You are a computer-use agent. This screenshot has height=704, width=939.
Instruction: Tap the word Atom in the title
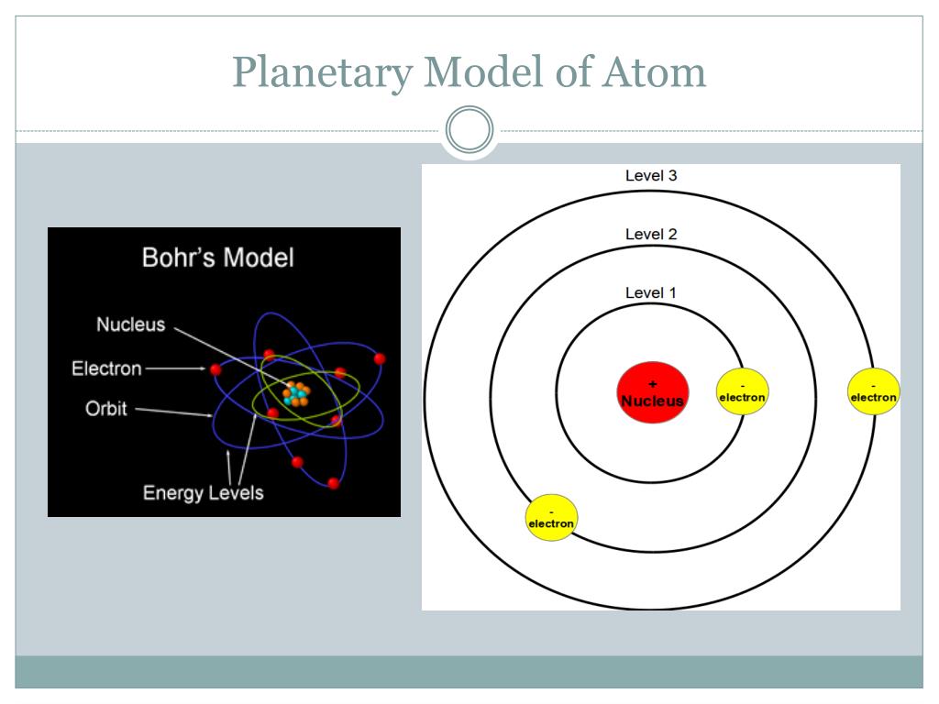[x=655, y=72]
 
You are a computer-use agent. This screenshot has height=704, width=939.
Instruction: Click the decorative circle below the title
[x=469, y=129]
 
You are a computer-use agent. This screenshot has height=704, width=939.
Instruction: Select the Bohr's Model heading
[x=218, y=258]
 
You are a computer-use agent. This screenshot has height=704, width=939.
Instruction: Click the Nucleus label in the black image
[x=130, y=324]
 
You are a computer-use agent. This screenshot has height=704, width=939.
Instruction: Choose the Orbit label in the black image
[x=106, y=408]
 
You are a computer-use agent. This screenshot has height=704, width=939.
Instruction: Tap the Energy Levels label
[x=203, y=492]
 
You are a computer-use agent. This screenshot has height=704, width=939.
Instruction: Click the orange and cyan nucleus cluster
[x=296, y=393]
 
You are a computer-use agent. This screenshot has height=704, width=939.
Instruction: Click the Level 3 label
[x=651, y=175]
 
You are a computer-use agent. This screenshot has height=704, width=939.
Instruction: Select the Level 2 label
[x=651, y=234]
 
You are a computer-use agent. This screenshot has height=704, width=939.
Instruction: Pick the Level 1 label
[x=651, y=292]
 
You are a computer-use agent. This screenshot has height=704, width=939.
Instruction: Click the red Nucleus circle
[x=653, y=392]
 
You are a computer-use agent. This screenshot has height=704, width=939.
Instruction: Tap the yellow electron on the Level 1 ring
[x=742, y=391]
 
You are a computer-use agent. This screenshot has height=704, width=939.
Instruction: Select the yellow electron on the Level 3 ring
[x=874, y=391]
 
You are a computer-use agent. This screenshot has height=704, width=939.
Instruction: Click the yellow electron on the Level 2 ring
[x=551, y=518]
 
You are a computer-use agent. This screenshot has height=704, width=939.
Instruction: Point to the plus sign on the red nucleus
[x=653, y=384]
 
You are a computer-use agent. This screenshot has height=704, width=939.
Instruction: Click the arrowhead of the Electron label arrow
[x=203, y=368]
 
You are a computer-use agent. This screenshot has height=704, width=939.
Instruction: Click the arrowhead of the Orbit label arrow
[x=209, y=415]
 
